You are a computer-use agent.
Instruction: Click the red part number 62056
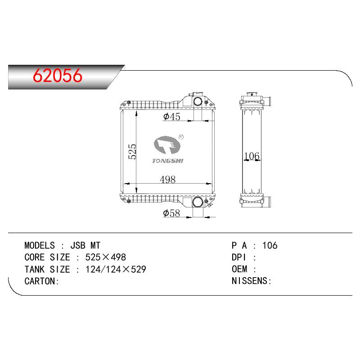pyautogui.click(x=58, y=76)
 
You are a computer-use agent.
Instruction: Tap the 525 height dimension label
pyautogui.click(x=132, y=152)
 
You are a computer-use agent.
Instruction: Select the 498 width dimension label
pyautogui.click(x=167, y=180)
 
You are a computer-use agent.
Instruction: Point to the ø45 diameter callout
pyautogui.click(x=172, y=117)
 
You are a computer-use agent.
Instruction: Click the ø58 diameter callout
pyautogui.click(x=171, y=213)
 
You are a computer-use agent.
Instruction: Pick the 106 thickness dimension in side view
pyautogui.click(x=252, y=156)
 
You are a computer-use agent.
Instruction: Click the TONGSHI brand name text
pyautogui.click(x=168, y=161)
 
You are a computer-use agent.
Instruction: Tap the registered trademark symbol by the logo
pyautogui.click(x=181, y=137)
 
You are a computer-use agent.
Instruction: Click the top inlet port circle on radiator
pyautogui.click(x=198, y=101)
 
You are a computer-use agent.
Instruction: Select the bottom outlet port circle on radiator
pyautogui.click(x=198, y=202)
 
